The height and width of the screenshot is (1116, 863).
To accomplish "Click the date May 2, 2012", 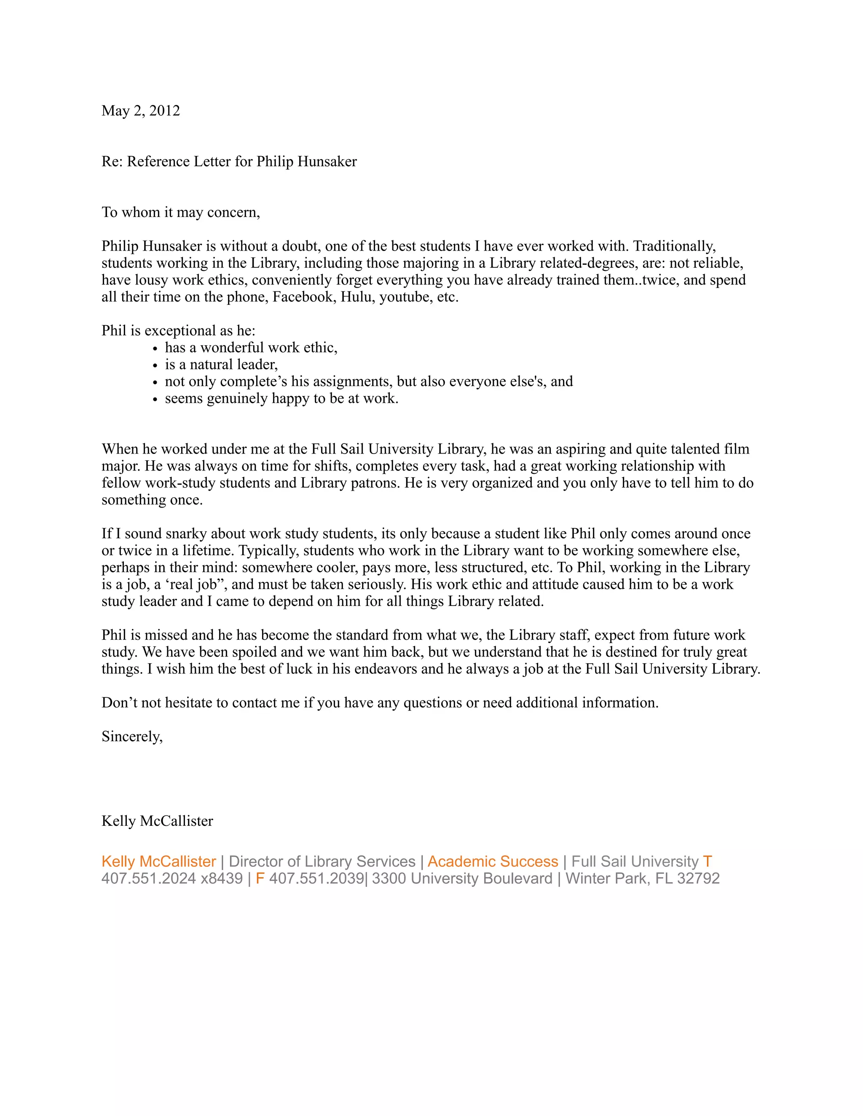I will [x=141, y=111].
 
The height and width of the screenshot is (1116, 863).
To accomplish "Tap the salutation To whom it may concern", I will [x=180, y=212].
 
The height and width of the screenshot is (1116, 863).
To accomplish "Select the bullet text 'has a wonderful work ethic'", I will [x=251, y=347].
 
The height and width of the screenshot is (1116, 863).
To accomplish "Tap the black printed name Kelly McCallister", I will [x=157, y=821].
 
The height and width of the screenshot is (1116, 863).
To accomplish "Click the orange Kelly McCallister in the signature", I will [x=158, y=862].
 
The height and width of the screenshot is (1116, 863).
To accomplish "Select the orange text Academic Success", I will [x=492, y=862].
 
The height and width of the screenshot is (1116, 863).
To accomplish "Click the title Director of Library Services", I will [x=322, y=862].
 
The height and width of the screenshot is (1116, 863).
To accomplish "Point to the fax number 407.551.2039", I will [x=316, y=878].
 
